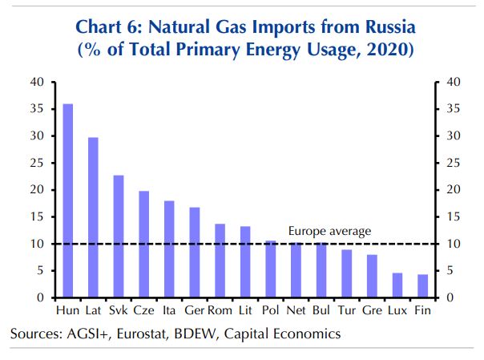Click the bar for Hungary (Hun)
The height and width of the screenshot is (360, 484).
(68, 200)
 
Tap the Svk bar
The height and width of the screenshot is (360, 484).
(119, 237)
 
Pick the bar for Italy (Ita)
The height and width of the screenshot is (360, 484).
(169, 249)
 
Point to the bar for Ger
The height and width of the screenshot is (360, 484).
(195, 253)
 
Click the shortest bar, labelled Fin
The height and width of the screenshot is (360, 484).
(422, 286)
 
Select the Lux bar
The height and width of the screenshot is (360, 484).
(397, 285)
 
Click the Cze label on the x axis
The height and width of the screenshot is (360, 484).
(144, 309)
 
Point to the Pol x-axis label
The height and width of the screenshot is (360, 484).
(271, 309)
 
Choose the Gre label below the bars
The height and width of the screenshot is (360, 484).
(372, 309)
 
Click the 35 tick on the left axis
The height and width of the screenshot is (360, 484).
(37, 108)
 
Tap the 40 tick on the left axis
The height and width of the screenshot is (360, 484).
(37, 82)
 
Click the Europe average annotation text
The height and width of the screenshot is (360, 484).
(330, 232)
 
